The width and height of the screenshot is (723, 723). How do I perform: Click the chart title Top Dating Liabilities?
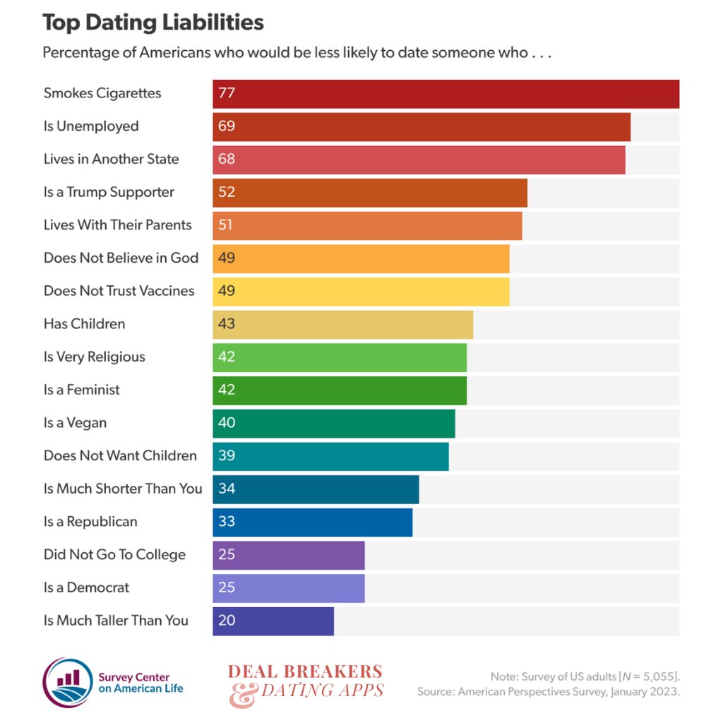coord(153,23)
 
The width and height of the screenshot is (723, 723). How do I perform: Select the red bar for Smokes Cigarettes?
coord(446,94)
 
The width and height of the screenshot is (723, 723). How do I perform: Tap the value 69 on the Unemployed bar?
coord(227,126)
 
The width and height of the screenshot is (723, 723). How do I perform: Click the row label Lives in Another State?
coord(111,160)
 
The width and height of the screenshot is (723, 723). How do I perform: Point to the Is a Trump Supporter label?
coord(109,192)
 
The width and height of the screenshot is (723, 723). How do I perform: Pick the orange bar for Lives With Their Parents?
coord(367,225)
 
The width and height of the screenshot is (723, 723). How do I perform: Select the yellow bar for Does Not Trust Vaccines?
coord(361,291)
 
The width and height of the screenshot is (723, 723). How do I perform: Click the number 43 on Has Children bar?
coord(227,324)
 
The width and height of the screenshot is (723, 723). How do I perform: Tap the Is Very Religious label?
coord(94,357)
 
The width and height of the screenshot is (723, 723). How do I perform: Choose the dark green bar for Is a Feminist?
coord(340,390)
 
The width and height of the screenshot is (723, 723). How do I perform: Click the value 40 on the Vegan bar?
coord(227,423)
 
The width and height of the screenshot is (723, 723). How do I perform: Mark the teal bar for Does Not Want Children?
coord(330,456)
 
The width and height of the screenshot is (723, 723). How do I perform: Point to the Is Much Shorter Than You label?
coord(123,489)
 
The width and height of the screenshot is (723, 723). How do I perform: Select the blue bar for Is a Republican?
coord(312,522)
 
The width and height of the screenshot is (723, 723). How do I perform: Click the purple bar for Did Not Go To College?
coord(289,555)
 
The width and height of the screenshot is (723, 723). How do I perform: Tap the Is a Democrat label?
coord(86,587)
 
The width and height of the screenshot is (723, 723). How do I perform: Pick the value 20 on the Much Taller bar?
coord(227,621)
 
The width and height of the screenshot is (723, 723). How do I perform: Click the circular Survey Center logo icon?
coord(68,683)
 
